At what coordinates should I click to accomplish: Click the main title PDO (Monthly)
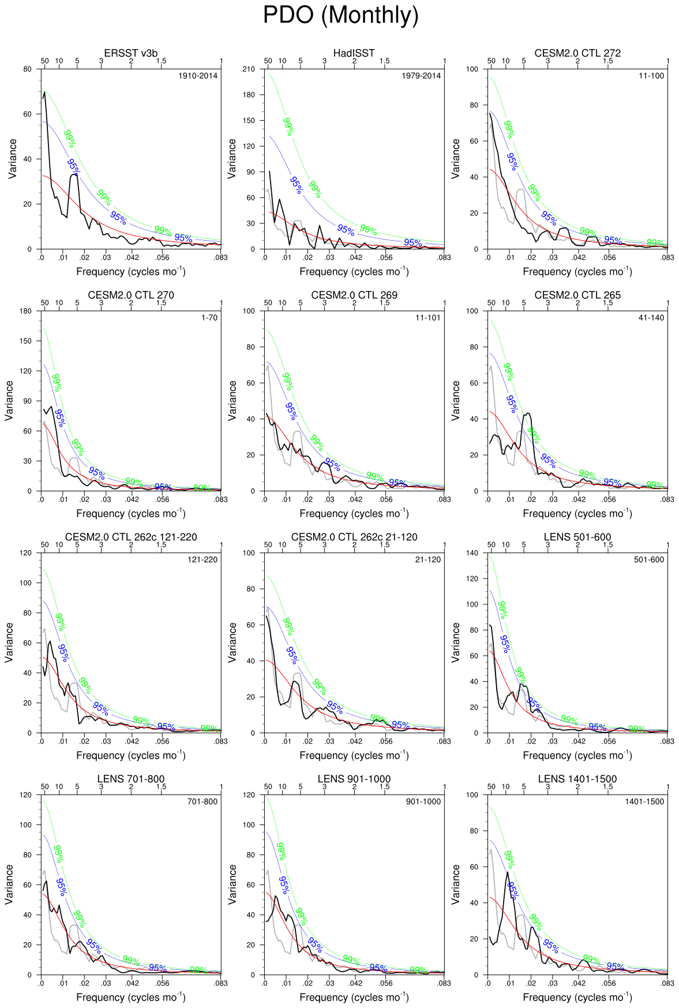point(340,15)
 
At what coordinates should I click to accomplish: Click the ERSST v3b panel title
point(130,53)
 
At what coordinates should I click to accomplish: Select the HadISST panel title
point(354,53)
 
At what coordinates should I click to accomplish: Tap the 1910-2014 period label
point(198,76)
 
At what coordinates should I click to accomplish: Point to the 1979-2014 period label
point(421,76)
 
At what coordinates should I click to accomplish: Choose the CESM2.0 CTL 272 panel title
point(577,53)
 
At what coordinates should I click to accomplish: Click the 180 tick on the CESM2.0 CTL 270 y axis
point(25,311)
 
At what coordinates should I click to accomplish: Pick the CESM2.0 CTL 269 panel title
point(354,295)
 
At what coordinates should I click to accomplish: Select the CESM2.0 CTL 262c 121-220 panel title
point(131,537)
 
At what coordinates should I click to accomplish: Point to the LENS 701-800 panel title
point(131,779)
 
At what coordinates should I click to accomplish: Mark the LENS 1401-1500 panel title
point(577,779)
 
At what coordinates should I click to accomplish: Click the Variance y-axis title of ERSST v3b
point(13,159)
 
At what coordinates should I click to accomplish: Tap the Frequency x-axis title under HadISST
point(354,271)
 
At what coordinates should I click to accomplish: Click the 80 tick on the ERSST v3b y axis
point(28,69)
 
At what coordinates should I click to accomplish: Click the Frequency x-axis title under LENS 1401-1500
point(577,997)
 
